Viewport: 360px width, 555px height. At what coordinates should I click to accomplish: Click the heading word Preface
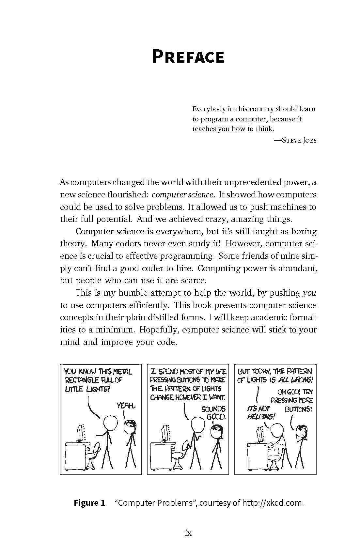[188, 57]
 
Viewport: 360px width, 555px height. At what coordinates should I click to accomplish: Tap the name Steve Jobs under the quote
[299, 140]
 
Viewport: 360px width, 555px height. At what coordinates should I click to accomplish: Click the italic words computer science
[182, 195]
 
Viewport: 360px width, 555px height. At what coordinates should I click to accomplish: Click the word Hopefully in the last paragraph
[159, 330]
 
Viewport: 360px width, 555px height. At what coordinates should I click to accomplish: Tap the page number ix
[188, 533]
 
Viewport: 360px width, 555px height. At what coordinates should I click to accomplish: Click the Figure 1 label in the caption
[89, 503]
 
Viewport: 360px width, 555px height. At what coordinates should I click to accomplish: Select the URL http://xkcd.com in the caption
[272, 503]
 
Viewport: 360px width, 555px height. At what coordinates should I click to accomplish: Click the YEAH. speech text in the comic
[126, 406]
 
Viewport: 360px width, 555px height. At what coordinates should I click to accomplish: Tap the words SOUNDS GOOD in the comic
[213, 413]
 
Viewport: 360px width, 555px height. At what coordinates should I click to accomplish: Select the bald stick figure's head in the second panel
[197, 425]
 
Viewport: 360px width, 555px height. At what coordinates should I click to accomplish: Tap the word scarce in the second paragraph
[194, 281]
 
